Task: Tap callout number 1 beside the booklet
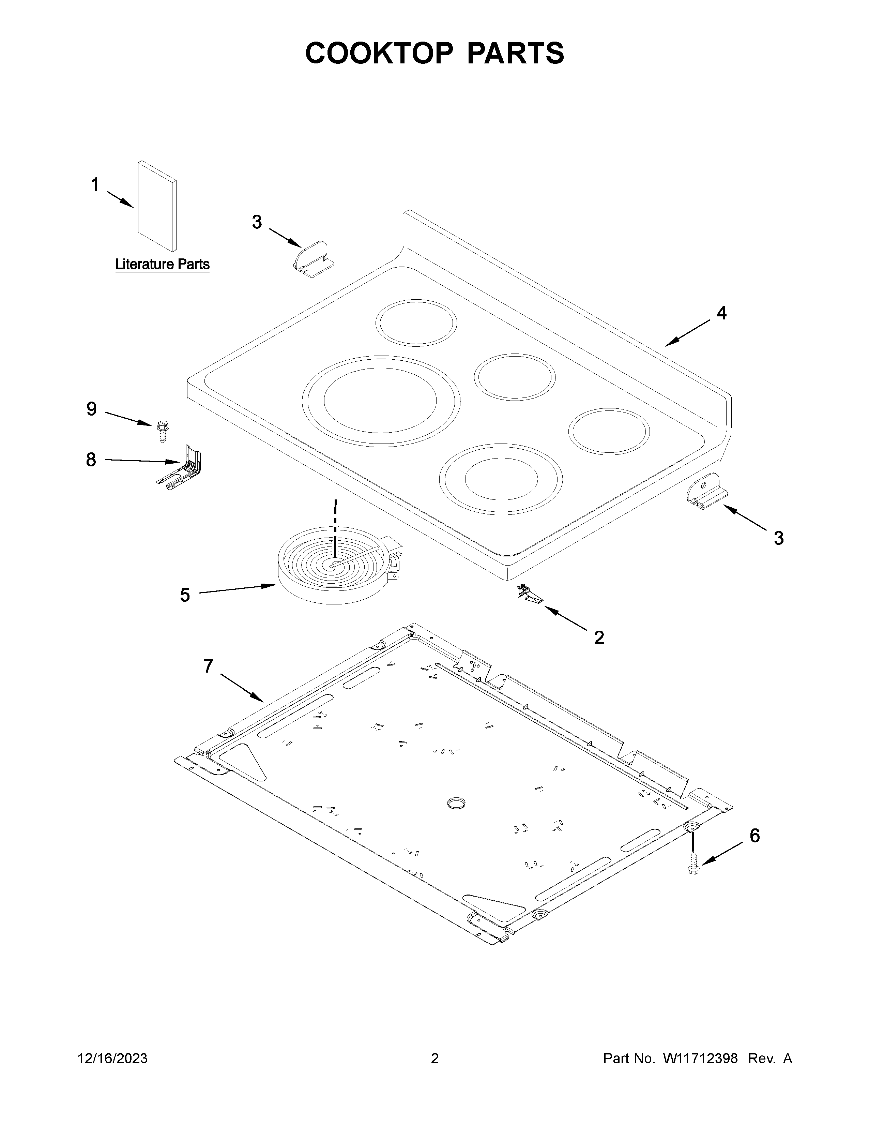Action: tap(95, 184)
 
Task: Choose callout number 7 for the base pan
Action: tap(208, 666)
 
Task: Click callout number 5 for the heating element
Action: tap(185, 596)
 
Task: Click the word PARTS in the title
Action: tap(515, 53)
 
